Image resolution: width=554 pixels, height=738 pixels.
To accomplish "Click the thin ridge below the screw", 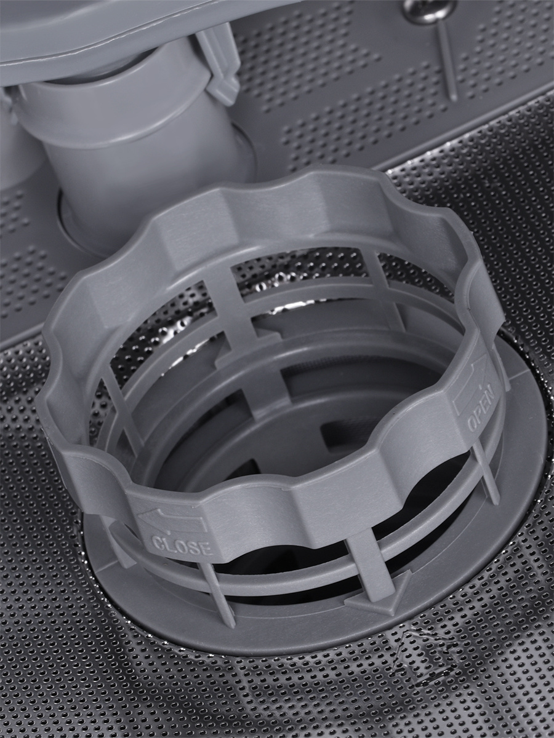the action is point(448,60).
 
